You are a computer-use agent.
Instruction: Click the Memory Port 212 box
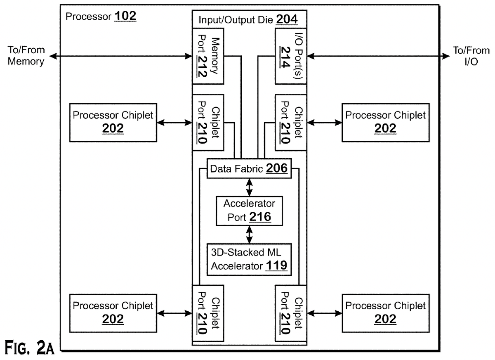208,56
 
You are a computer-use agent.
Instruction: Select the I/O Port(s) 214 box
291,56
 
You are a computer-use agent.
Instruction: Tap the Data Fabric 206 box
249,168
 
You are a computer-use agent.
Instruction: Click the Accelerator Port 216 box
249,211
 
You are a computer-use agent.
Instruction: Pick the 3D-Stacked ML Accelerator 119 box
249,260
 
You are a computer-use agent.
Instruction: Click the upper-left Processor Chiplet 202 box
113,123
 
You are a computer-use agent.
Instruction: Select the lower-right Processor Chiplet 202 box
386,313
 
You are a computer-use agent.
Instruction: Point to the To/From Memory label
26,55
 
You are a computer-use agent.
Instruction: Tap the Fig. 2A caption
29,348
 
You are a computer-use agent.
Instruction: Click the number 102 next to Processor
125,16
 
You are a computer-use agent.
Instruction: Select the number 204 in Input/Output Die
287,19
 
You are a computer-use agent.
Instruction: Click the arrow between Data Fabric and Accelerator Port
250,187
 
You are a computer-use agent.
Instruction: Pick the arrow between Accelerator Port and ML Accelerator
250,235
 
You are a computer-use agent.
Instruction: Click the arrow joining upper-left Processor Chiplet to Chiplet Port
174,123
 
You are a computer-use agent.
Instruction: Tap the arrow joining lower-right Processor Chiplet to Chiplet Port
324,313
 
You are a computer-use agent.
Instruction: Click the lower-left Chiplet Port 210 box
208,313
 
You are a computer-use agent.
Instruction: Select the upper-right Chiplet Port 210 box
291,123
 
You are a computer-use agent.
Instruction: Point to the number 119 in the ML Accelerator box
276,265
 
